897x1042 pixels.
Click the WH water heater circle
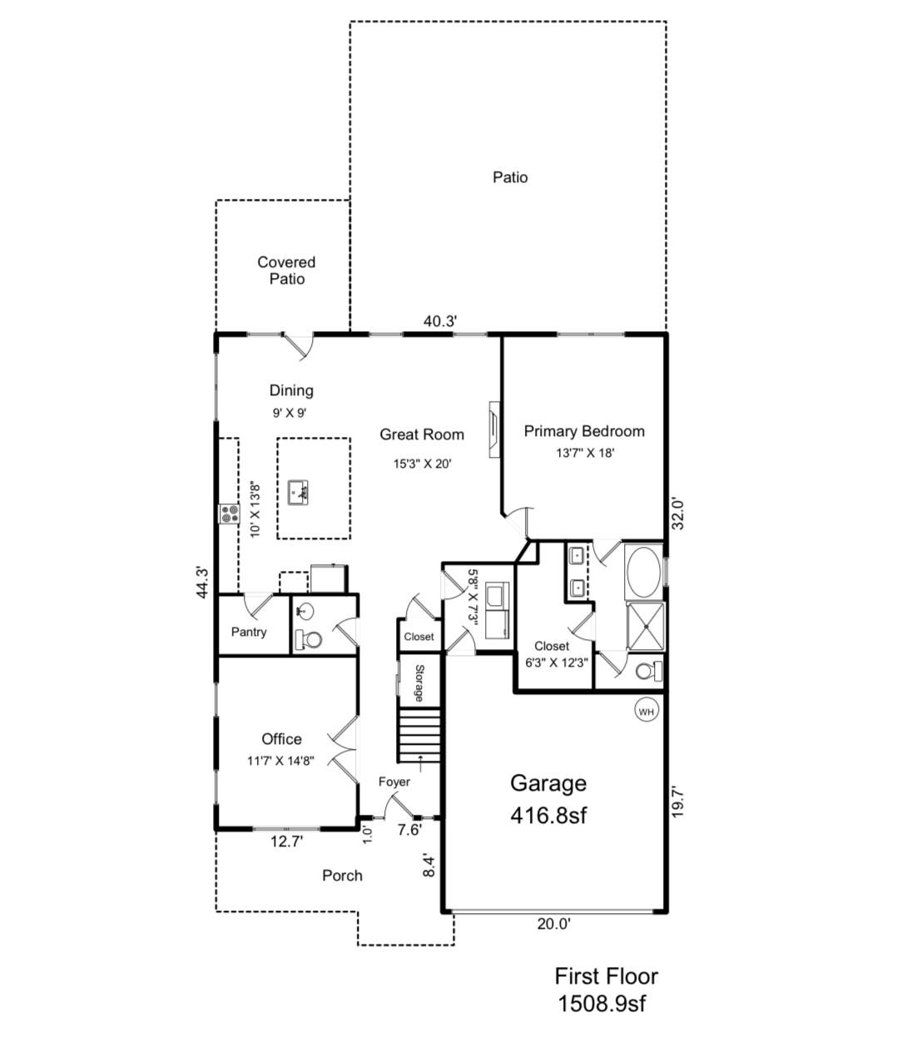(x=646, y=712)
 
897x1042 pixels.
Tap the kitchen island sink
(x=298, y=493)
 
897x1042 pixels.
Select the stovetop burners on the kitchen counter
(x=230, y=514)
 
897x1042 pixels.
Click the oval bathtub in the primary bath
(x=642, y=572)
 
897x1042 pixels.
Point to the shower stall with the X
(x=645, y=625)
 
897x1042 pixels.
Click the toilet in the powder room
(x=309, y=640)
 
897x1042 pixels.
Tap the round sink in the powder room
(x=305, y=612)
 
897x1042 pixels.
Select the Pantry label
(x=249, y=633)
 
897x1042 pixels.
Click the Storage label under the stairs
(x=419, y=683)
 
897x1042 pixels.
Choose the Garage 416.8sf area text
(x=548, y=799)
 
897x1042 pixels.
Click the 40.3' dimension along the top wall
(x=440, y=321)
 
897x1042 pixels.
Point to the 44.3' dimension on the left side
(x=202, y=583)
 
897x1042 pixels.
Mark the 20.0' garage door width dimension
(x=553, y=924)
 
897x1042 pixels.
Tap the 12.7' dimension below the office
(x=286, y=841)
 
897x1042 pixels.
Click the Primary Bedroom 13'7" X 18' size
(x=585, y=453)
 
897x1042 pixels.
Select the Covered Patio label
(x=286, y=270)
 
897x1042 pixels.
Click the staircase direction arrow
(x=420, y=764)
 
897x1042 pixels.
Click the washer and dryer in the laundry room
(x=497, y=611)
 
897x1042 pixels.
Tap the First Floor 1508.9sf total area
(x=606, y=990)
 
